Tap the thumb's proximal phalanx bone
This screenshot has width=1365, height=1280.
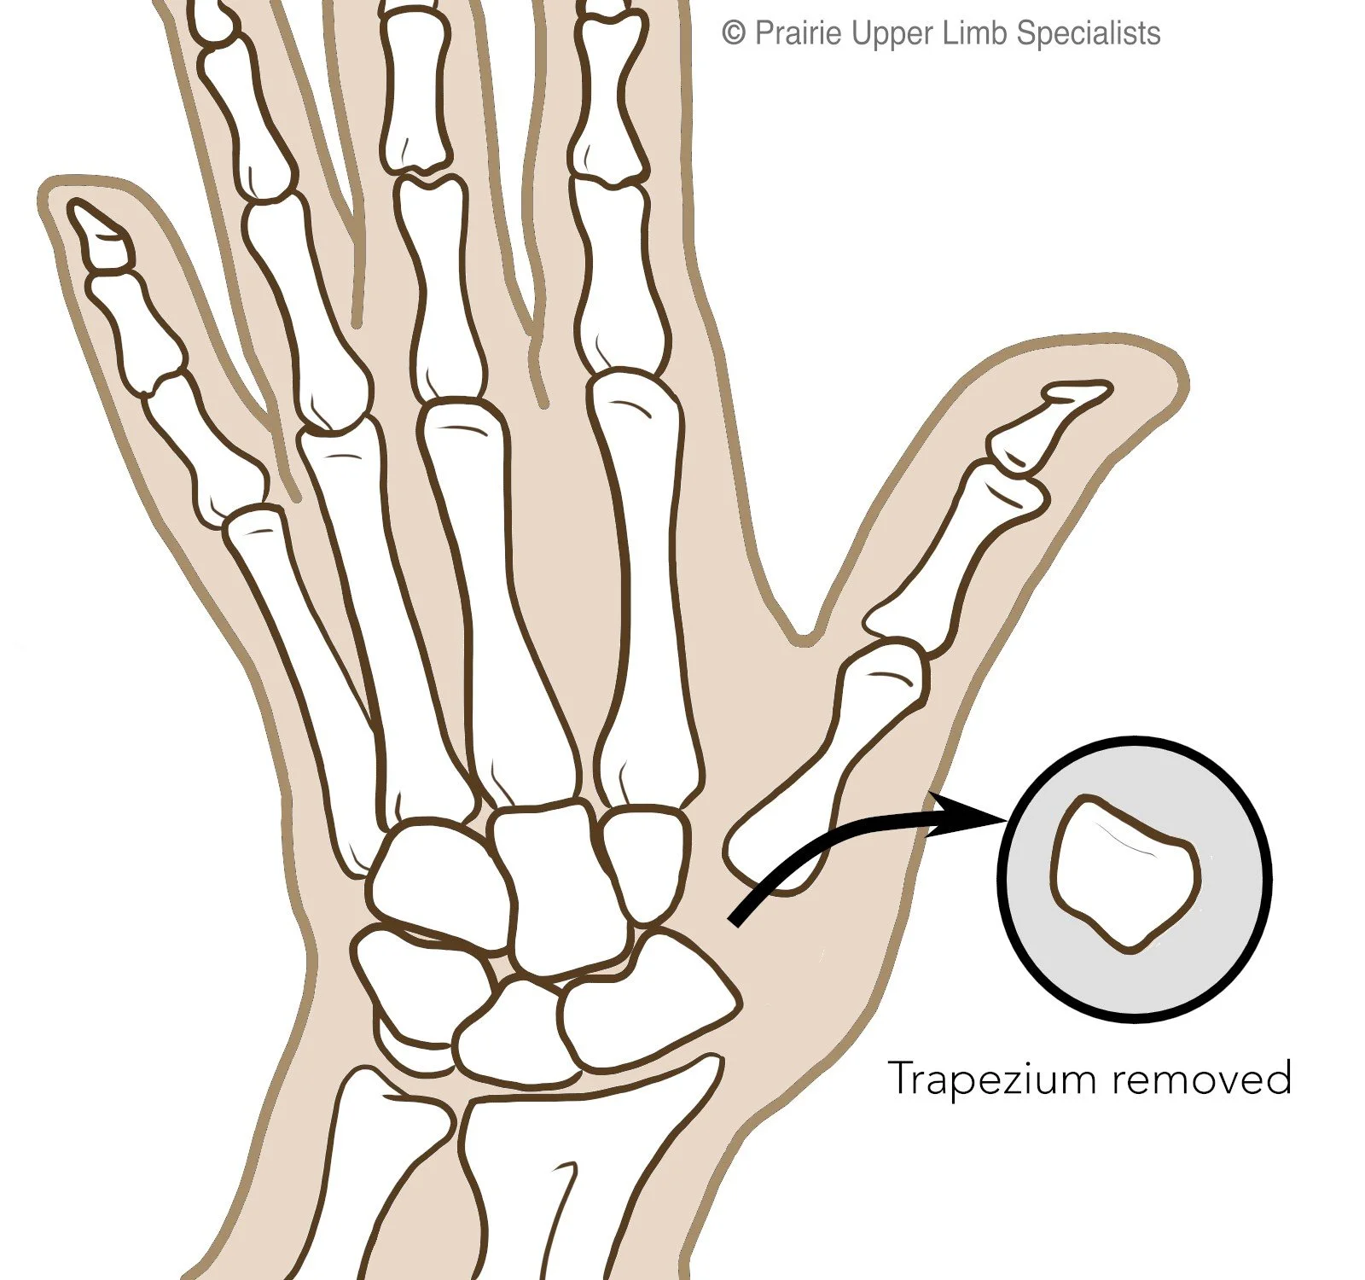pos(955,546)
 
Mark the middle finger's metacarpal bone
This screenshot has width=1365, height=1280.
pos(503,597)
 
